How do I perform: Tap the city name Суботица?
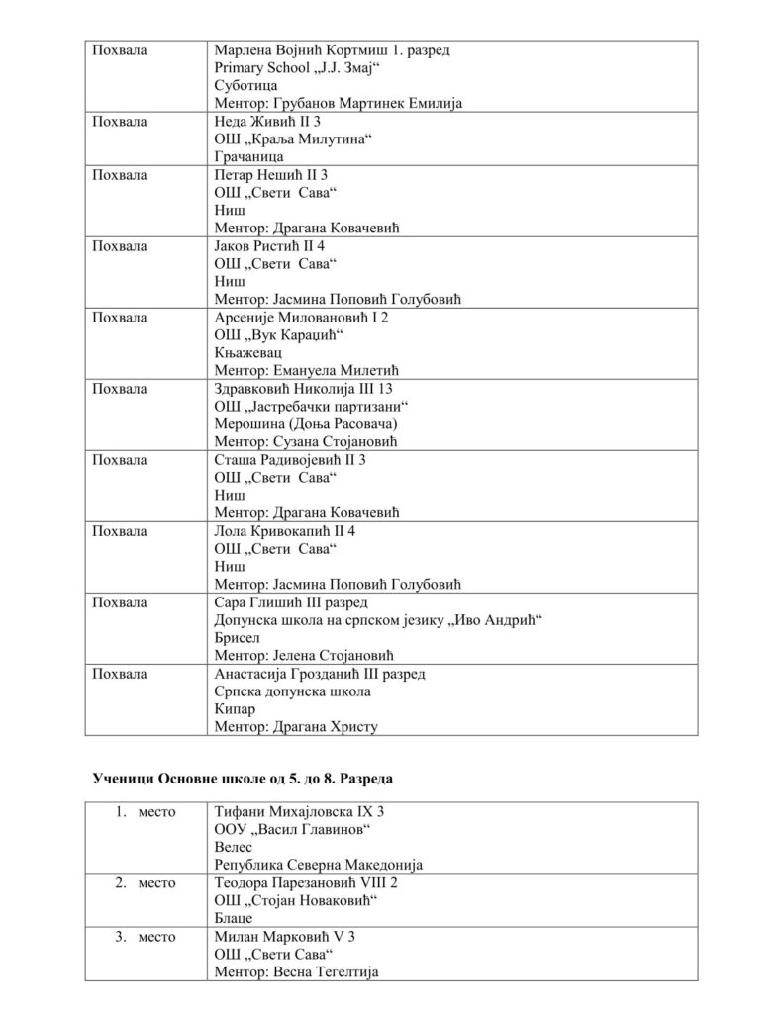245,86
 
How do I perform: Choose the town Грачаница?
248,157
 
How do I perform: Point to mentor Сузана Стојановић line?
311,442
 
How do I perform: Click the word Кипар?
234,709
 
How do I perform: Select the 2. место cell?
146,883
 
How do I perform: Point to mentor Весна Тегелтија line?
296,972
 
